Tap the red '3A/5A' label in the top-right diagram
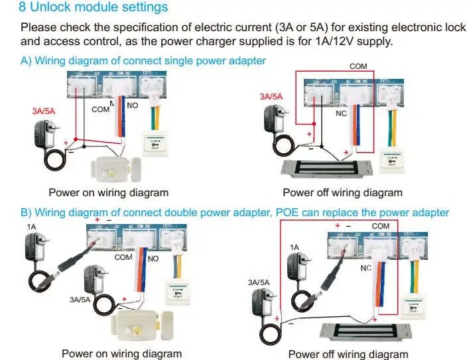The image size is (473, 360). (x=271, y=97)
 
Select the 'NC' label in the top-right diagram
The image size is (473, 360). (x=341, y=113)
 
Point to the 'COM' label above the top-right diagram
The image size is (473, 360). (x=359, y=67)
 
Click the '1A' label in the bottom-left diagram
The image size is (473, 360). (x=31, y=227)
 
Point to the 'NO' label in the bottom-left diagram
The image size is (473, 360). (x=153, y=259)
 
